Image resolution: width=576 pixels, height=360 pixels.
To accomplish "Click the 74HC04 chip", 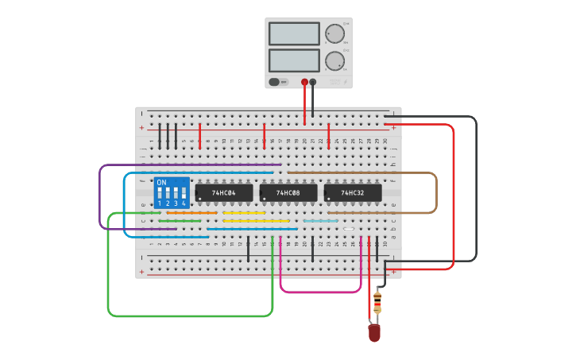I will pyautogui.click(x=224, y=193).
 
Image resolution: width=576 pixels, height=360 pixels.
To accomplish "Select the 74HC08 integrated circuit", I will pyautogui.click(x=288, y=193).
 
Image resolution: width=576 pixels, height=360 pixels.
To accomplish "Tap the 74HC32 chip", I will pyautogui.click(x=353, y=193).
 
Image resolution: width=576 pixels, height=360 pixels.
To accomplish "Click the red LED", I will pyautogui.click(x=374, y=332).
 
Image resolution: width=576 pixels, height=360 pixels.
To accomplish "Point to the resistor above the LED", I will pyautogui.click(x=377, y=303).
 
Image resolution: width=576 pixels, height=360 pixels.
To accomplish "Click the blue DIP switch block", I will pyautogui.click(x=172, y=193).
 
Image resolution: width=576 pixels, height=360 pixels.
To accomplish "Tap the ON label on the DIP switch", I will pyautogui.click(x=162, y=183).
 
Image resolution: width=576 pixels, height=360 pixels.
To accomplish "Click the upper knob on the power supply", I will pyautogui.click(x=334, y=33).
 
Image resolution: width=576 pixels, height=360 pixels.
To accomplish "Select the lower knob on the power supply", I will pyautogui.click(x=334, y=61).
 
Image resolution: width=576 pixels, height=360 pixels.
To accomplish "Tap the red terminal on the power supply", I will pyautogui.click(x=304, y=82).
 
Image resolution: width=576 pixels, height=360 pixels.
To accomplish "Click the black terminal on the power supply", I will pyautogui.click(x=313, y=82).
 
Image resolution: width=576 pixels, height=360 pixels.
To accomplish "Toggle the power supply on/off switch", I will pyautogui.click(x=275, y=82).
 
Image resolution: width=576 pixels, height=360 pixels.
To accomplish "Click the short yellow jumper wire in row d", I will pyautogui.click(x=244, y=213).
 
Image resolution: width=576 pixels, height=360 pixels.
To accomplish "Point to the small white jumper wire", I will pyautogui.click(x=349, y=229).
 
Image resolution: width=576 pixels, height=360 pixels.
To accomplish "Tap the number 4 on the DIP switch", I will pyautogui.click(x=184, y=204).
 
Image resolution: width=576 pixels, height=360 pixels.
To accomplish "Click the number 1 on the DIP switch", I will pyautogui.click(x=160, y=204).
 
